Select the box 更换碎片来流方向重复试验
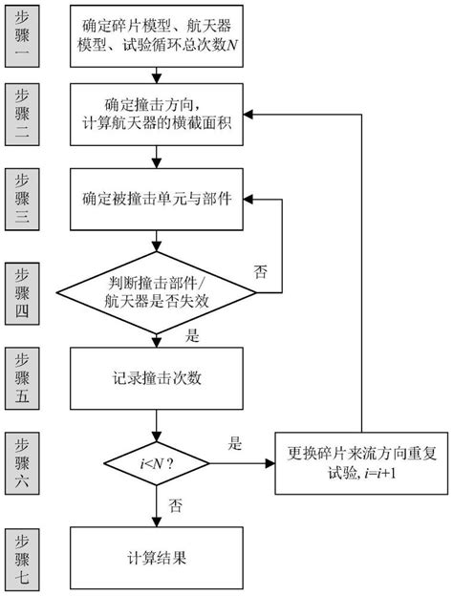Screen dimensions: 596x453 click(x=360, y=462)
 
